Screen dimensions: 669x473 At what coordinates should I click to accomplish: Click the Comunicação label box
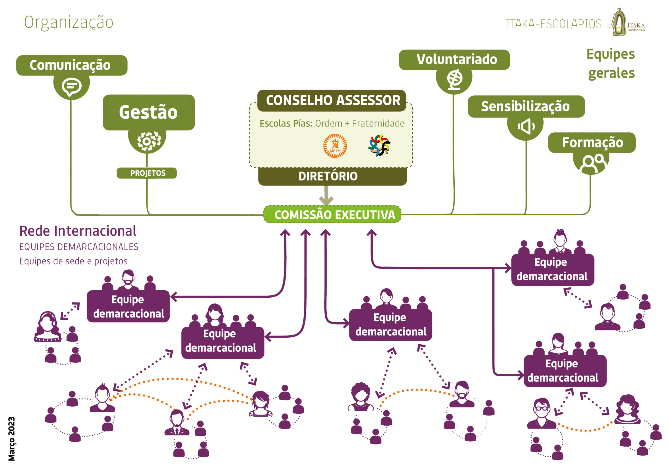coord(72,65)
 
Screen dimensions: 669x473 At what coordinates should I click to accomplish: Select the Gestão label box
coord(149,112)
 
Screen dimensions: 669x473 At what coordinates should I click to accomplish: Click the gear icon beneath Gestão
coord(149,141)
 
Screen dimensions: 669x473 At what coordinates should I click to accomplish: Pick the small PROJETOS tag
coord(147,173)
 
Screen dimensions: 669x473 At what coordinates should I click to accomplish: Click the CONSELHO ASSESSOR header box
coord(332,101)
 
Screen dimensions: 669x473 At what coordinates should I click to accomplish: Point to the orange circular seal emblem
coord(335,146)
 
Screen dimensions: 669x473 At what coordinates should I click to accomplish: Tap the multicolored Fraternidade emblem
coord(379,145)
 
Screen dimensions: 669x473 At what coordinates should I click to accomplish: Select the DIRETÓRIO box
coord(332,176)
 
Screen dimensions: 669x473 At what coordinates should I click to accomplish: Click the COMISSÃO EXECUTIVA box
coord(332,215)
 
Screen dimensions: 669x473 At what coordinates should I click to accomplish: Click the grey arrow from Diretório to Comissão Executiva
coord(326,195)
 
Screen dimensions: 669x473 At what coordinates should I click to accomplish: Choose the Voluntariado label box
coord(454,60)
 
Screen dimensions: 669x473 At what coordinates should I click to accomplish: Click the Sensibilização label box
coord(526,106)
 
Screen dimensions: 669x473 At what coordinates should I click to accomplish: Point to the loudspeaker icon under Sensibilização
coord(526,126)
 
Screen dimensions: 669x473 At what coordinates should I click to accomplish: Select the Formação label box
coord(592,142)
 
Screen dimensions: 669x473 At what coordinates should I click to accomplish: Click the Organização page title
coord(68,22)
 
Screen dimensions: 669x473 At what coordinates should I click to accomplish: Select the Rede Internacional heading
coord(78,231)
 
